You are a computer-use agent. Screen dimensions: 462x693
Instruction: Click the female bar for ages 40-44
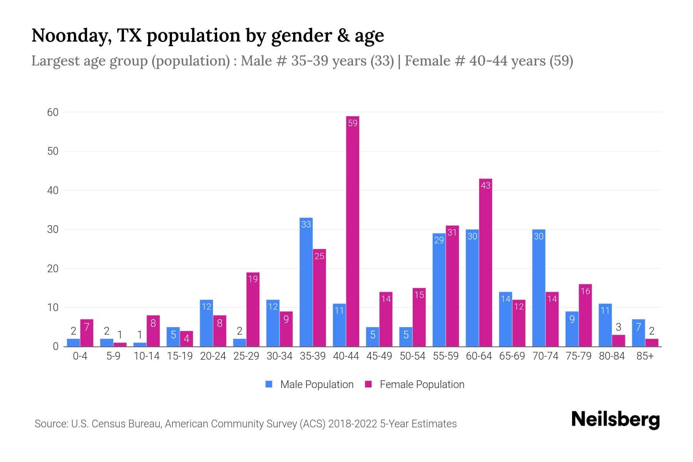[353, 231]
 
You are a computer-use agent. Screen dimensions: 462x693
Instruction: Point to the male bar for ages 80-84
[605, 325]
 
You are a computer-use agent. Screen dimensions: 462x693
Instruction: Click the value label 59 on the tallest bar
[353, 123]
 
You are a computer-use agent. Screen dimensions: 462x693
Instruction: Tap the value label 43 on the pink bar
[485, 186]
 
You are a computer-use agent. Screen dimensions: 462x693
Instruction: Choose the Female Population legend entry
[415, 385]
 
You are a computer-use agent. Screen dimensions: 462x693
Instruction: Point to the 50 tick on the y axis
[53, 151]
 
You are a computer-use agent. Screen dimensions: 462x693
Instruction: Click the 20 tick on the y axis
[53, 269]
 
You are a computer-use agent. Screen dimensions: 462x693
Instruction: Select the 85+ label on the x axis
[645, 356]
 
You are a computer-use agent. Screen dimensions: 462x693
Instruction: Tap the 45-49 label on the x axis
[379, 356]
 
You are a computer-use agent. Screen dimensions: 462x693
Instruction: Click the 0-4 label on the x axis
[80, 356]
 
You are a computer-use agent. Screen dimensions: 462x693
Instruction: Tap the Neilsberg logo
[615, 420]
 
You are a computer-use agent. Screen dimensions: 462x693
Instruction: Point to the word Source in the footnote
[50, 424]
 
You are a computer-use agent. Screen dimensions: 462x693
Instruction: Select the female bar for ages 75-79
[585, 315]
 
